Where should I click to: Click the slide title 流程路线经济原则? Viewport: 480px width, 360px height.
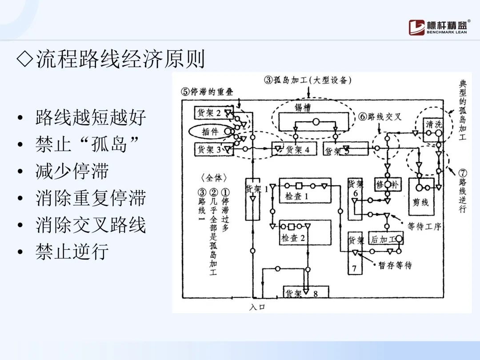(111, 59)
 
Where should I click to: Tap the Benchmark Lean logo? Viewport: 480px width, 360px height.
(438, 28)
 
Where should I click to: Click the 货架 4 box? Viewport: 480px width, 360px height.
(294, 149)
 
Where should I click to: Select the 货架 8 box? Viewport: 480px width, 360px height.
(306, 292)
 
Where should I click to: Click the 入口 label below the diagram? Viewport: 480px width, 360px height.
(257, 307)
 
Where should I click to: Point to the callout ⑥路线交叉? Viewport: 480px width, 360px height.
(380, 116)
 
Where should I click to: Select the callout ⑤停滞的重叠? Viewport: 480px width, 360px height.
(207, 92)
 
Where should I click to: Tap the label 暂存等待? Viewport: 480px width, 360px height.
(395, 265)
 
